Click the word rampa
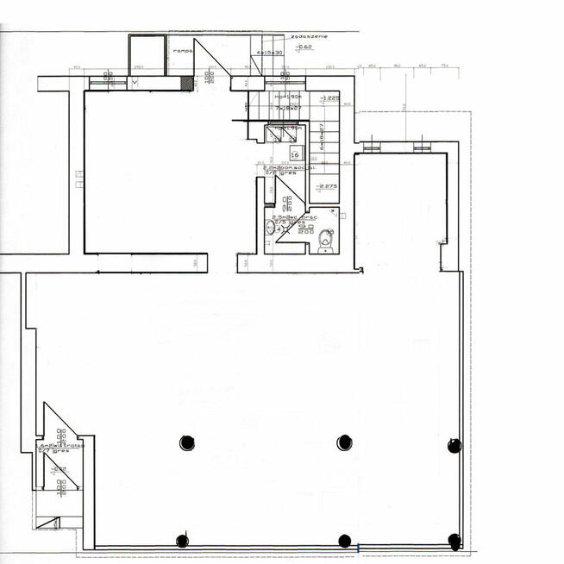tap(182, 50)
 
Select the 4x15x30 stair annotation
tap(270, 53)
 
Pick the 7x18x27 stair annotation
tap(286, 109)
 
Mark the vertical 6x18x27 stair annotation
tap(322, 135)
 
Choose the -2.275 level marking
tap(326, 187)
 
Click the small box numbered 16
tap(295, 155)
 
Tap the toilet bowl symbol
tap(325, 239)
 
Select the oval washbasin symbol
tap(270, 228)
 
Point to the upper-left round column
tap(187, 442)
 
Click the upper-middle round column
tap(345, 442)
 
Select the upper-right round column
tap(454, 445)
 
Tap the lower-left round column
tap(182, 541)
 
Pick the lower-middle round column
tap(345, 541)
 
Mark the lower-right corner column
tap(454, 541)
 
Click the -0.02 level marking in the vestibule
tap(57, 469)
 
